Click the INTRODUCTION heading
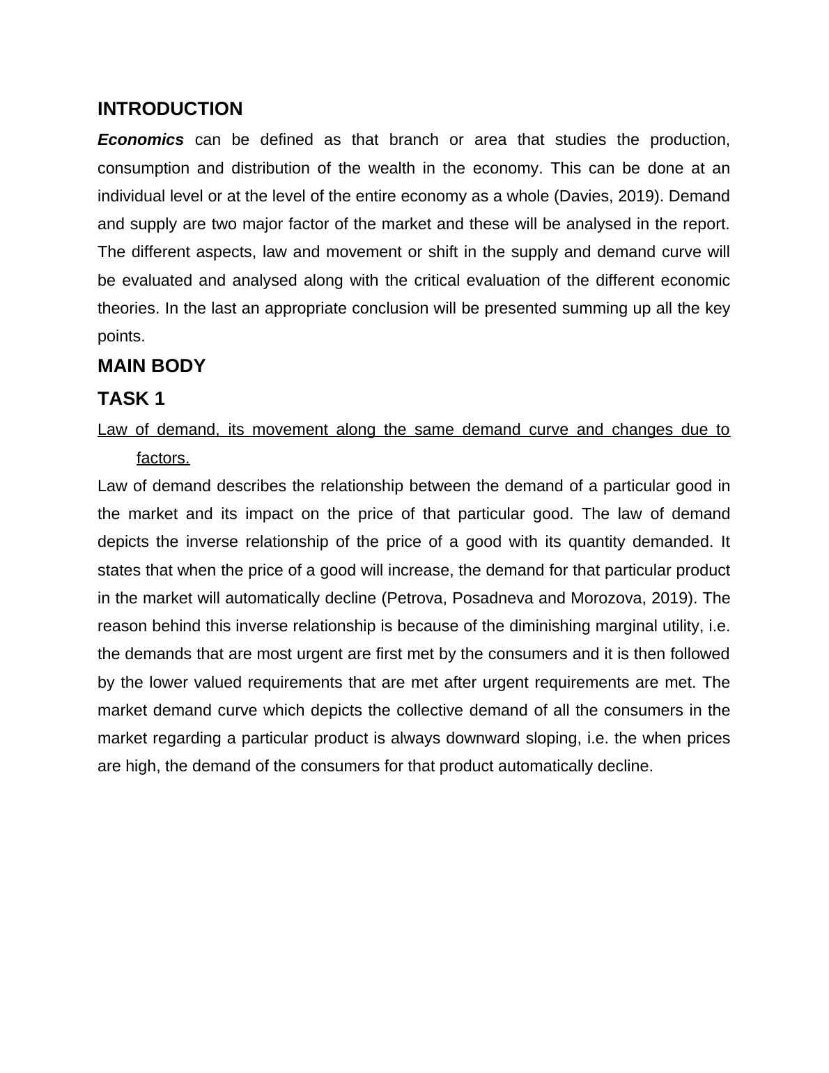(170, 109)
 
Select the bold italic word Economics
(141, 140)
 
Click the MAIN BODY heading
(151, 366)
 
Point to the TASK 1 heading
(131, 399)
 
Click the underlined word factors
(163, 458)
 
